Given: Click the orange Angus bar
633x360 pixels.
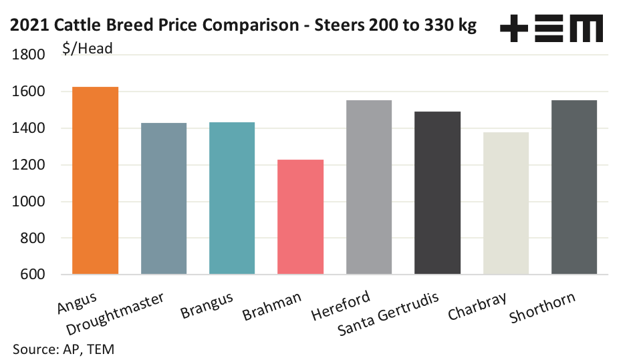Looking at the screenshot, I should click(x=95, y=180).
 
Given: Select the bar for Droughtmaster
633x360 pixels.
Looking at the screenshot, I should click(x=164, y=198).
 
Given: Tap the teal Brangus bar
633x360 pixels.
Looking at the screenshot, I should click(x=232, y=198).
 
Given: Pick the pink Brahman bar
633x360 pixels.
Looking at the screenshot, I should click(x=300, y=217).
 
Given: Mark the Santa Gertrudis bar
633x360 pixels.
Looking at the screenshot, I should click(x=437, y=193).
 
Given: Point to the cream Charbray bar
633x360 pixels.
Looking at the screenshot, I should click(x=506, y=203).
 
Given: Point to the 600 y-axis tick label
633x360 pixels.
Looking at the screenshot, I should click(x=32, y=275).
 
